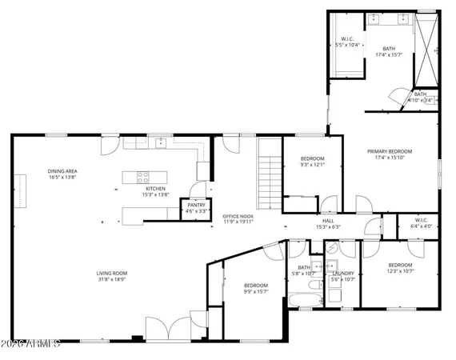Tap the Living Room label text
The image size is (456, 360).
point(112,274)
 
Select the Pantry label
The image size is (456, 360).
point(196,205)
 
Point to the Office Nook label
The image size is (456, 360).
point(238,217)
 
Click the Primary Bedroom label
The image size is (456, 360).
point(390,152)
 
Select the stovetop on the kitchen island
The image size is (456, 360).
point(143,177)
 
